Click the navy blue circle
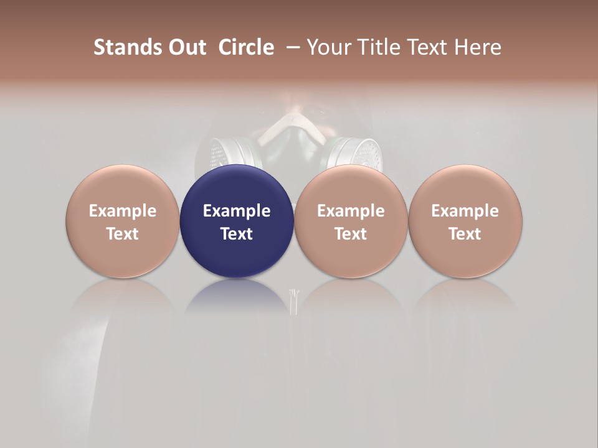coord(237,221)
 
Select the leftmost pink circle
coord(123,221)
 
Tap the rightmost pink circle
coord(465,221)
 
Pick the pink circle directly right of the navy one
coord(351,221)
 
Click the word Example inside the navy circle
coord(237,211)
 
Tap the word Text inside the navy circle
coord(237,234)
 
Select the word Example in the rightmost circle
coord(465,211)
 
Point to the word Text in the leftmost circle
coord(123,234)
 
